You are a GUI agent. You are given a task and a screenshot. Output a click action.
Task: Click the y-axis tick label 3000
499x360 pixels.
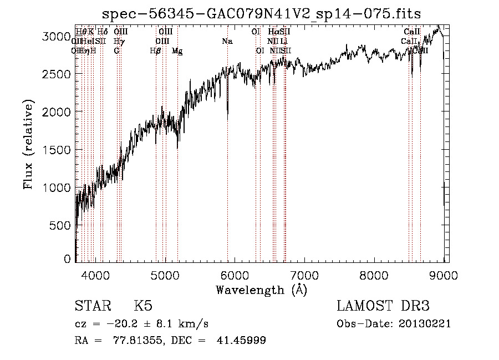[57, 36]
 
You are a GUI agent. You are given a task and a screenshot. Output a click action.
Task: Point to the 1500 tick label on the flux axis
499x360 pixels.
[57, 150]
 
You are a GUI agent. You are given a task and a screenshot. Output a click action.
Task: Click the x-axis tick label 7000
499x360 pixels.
[304, 275]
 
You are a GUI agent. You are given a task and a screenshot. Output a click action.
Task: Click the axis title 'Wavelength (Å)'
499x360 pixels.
[261, 290]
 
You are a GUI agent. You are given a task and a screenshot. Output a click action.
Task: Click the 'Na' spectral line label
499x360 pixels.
[227, 41]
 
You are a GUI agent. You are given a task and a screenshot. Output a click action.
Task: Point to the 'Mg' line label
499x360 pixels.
[177, 51]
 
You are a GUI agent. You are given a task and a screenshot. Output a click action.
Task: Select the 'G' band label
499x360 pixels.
[116, 51]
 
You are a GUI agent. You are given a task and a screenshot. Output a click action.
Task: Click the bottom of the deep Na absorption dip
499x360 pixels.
[227, 118]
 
